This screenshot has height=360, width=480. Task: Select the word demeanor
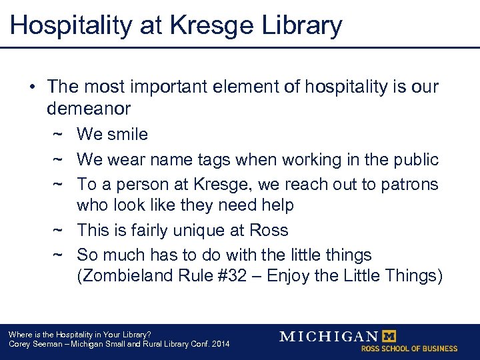coord(89,108)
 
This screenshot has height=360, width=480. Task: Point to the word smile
coord(127,134)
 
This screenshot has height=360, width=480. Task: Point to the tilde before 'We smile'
coord(57,134)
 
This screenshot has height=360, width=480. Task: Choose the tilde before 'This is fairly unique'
coord(57,231)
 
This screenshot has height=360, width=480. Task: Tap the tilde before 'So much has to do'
coord(57,255)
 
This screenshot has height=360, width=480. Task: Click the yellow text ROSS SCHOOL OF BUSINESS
coord(409,349)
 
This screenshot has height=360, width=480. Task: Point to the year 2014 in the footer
coord(219,344)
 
